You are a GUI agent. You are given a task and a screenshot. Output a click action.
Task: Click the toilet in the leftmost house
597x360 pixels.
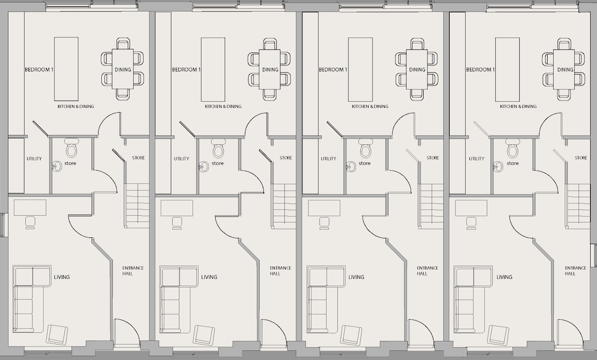click(x=72, y=148)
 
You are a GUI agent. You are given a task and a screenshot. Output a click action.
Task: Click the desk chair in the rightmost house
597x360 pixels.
click(x=471, y=223)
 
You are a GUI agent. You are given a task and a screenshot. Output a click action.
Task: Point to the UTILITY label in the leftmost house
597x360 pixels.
click(x=35, y=158)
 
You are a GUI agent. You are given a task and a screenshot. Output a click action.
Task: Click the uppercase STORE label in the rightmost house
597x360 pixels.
click(x=581, y=158)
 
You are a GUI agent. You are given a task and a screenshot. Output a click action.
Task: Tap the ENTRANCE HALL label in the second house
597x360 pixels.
click(x=281, y=271)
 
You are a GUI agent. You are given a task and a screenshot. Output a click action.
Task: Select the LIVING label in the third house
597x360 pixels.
click(x=356, y=277)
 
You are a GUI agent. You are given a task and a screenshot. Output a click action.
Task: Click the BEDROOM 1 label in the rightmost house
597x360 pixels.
click(x=480, y=70)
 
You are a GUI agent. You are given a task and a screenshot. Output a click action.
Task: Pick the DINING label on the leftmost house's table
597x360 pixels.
click(x=123, y=70)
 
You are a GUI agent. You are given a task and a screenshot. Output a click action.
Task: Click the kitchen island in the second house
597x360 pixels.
click(x=213, y=69)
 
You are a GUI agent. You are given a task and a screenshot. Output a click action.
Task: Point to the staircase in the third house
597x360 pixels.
click(x=431, y=206)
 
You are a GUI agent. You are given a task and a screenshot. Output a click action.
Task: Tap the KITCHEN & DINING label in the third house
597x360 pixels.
click(x=370, y=107)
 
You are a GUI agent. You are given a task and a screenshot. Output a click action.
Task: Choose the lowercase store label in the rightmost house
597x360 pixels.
click(x=513, y=163)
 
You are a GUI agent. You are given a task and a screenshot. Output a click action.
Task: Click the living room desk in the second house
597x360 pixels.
click(x=176, y=208)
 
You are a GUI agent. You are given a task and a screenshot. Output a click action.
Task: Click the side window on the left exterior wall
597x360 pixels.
click(x=3, y=225)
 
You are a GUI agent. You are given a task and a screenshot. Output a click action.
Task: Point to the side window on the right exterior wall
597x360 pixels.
click(x=593, y=255)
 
